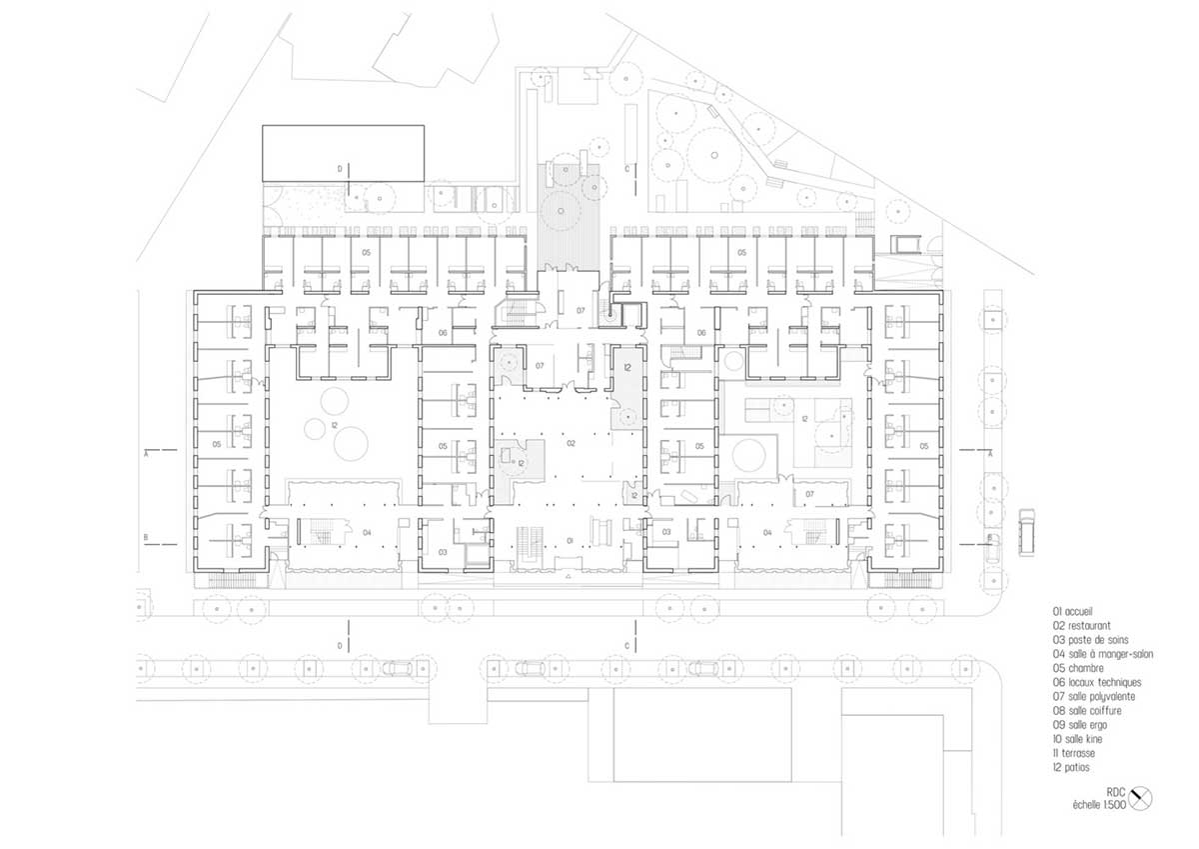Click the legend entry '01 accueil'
[x=1072, y=611]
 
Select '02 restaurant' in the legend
[x=1081, y=626]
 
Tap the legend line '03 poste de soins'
[x=1090, y=640]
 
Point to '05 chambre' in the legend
[x=1078, y=668]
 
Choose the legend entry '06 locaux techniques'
[x=1097, y=682]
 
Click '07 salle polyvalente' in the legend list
[x=1093, y=696]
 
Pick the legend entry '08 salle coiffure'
[x=1087, y=711]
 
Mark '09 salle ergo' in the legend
[x=1080, y=725]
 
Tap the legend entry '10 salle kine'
[x=1077, y=739]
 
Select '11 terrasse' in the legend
[x=1074, y=753]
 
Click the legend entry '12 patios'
[x=1071, y=767]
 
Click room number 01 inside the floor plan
[x=571, y=541]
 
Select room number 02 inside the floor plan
[x=571, y=444]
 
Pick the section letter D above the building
[x=340, y=169]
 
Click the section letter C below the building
[x=627, y=646]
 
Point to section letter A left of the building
[x=146, y=453]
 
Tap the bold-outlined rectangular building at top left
[x=343, y=153]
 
